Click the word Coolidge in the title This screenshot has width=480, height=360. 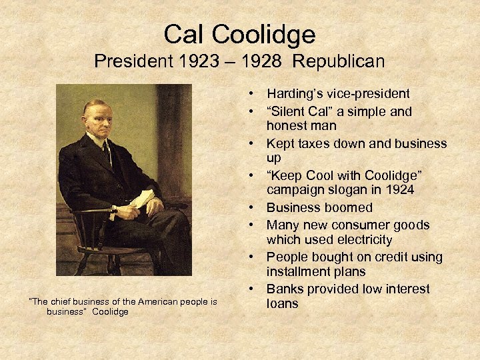click(x=269, y=34)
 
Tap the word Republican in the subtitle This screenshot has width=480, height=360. click(x=339, y=62)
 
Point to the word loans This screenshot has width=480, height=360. click(x=283, y=303)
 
